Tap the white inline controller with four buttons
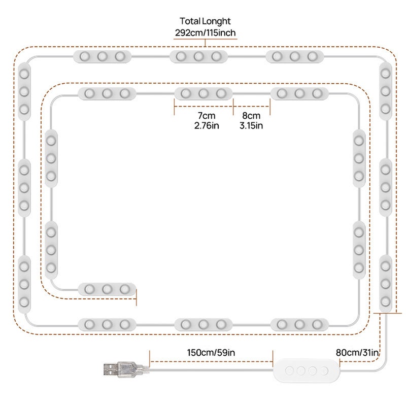coord(307,370)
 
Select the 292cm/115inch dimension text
coord(206,33)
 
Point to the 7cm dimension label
coord(207,116)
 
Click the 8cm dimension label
coord(251,116)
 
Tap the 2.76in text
coord(207,125)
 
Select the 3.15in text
coord(251,125)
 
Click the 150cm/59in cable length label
coord(211,353)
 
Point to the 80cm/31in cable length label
coord(357,353)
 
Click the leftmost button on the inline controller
coord(289,371)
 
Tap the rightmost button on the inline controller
coord(324,371)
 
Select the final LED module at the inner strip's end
coord(107,289)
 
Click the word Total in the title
coord(190,21)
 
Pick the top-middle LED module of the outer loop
coord(198,56)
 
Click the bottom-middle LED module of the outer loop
coord(204,324)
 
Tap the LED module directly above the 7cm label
coord(204,93)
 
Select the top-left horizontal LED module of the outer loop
coord(103,56)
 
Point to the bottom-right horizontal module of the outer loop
coord(299,324)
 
